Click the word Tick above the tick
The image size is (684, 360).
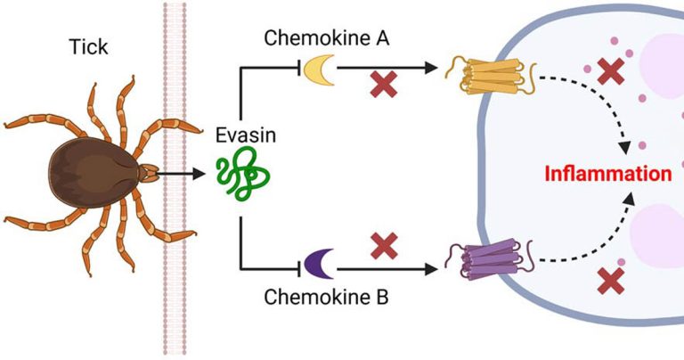coord(86,46)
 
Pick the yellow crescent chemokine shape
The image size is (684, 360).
coord(317,70)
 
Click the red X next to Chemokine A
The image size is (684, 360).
coord(384,86)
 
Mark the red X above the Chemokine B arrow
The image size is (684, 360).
coord(384,243)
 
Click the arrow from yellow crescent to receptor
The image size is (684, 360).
coord(392,68)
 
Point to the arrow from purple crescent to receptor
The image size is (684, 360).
coord(392,265)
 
